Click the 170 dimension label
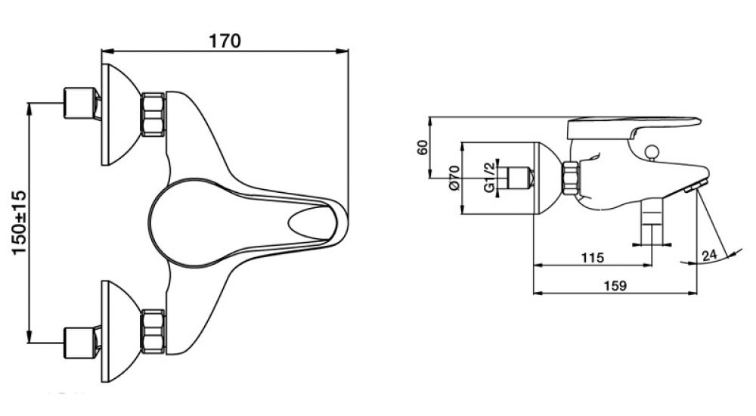click(x=225, y=41)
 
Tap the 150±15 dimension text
click(x=20, y=222)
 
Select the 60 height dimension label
click(x=423, y=147)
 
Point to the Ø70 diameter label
click(x=453, y=177)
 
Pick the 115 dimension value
click(x=592, y=258)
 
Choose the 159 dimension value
click(x=615, y=286)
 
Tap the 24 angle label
click(x=710, y=256)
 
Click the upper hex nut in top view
click(x=153, y=114)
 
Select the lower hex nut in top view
click(x=153, y=331)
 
